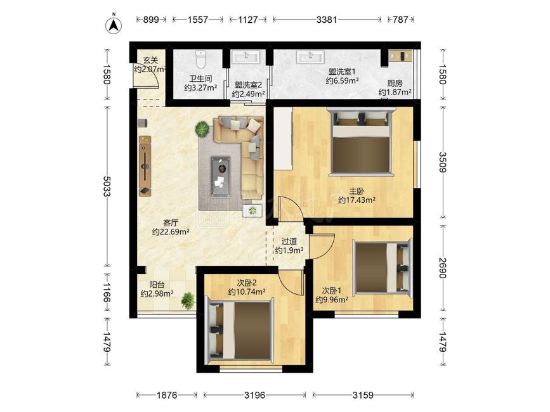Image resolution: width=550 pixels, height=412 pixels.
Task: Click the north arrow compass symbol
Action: tap(114, 25)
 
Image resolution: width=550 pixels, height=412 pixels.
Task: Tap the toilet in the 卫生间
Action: tap(200, 59)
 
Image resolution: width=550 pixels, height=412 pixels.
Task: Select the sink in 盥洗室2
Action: tap(246, 56)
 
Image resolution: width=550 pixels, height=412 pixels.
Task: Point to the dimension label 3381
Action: tap(327, 20)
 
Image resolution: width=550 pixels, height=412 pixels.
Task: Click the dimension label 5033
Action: tap(107, 186)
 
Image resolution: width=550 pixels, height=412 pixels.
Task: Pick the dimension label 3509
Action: tap(442, 162)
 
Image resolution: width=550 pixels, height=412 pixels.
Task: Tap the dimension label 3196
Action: tap(254, 395)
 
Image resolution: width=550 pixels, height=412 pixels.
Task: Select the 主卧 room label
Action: tap(357, 191)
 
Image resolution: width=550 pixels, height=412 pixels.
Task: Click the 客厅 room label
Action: tap(171, 223)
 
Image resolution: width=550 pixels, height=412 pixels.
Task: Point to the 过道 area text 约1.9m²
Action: tap(289, 250)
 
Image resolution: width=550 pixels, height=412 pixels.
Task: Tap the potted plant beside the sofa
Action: tap(202, 129)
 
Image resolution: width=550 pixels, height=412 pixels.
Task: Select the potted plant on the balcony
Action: tap(188, 300)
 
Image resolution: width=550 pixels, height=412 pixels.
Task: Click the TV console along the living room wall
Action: tap(145, 165)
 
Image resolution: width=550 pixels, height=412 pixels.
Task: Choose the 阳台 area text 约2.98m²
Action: tap(157, 293)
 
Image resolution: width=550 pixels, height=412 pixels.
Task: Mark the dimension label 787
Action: tap(400, 20)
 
